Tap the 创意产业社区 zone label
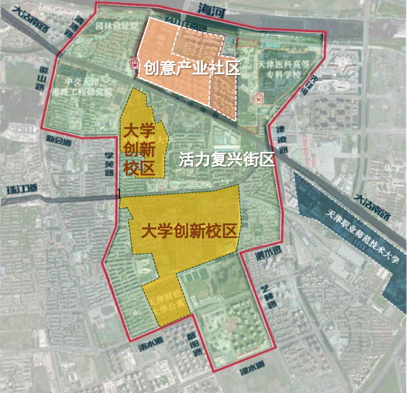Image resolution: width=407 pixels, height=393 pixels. point(191,68)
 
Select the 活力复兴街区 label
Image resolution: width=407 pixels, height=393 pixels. point(226,160)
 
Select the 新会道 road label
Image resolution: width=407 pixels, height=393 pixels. point(59,140)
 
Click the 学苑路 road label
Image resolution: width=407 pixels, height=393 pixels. point(110,164)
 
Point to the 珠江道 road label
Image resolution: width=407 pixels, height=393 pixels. point(22,189)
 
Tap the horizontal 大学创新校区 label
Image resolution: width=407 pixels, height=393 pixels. point(189,232)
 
